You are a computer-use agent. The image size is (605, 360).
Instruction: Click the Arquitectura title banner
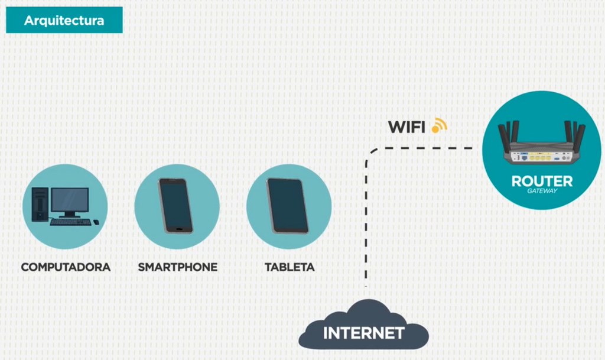(x=64, y=20)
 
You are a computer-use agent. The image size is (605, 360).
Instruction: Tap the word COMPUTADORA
(x=66, y=267)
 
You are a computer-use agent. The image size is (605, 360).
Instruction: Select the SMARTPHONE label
(x=178, y=267)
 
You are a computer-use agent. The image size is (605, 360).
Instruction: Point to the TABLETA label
(x=290, y=267)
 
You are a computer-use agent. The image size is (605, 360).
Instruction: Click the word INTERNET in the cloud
(x=364, y=333)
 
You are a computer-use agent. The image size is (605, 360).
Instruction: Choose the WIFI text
(x=406, y=127)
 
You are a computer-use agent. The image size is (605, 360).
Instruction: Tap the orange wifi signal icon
(x=439, y=125)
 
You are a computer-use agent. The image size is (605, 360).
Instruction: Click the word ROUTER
(x=542, y=181)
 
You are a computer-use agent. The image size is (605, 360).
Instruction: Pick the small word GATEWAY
(x=542, y=190)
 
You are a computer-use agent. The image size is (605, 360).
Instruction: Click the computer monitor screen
(x=70, y=199)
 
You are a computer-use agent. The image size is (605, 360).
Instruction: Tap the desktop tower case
(x=40, y=205)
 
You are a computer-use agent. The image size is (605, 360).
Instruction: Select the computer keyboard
(x=70, y=222)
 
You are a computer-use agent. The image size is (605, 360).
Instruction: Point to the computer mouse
(x=96, y=222)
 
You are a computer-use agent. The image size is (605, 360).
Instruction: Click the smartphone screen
(x=175, y=206)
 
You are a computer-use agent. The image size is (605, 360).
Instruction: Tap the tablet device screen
(x=288, y=206)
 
